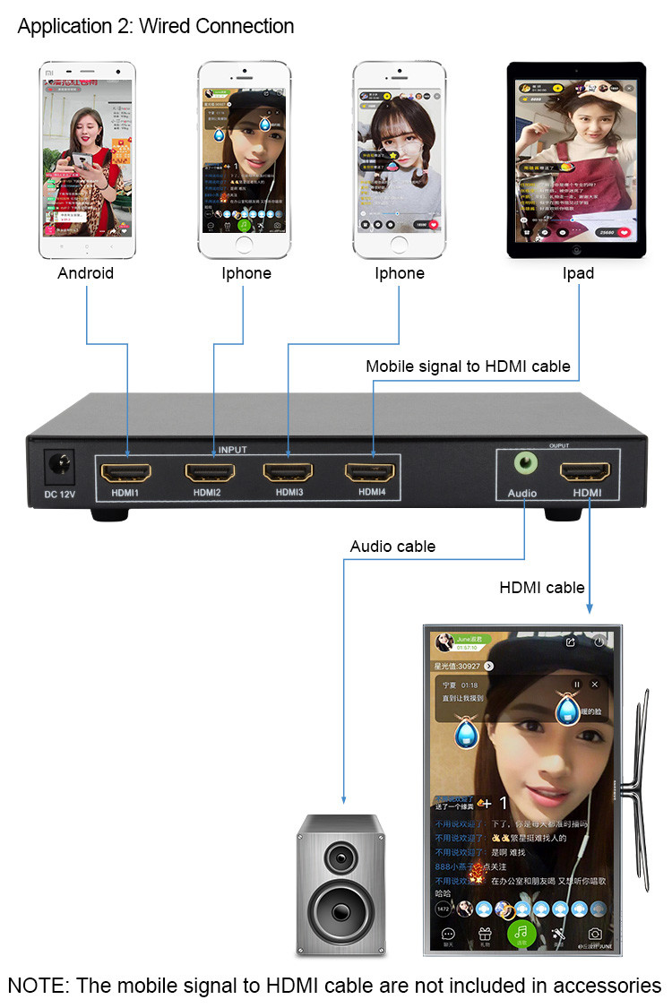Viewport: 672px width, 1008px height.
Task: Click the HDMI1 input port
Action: tap(126, 471)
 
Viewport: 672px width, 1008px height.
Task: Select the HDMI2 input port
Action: tap(209, 471)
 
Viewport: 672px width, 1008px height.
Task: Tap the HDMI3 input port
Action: tap(288, 471)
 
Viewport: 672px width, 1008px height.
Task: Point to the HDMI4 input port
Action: tap(371, 471)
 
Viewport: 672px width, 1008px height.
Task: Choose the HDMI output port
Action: tap(585, 471)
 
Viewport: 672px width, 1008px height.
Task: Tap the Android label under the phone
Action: tap(86, 273)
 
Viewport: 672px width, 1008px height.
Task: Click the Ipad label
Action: tap(577, 273)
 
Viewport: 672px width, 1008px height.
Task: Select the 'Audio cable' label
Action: tap(392, 546)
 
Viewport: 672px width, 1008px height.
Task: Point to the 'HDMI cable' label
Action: tap(542, 588)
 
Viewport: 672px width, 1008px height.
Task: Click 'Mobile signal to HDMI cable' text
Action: tap(468, 366)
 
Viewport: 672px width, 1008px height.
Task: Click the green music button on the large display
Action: tap(521, 933)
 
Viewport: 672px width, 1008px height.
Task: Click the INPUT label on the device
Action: tap(232, 450)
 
